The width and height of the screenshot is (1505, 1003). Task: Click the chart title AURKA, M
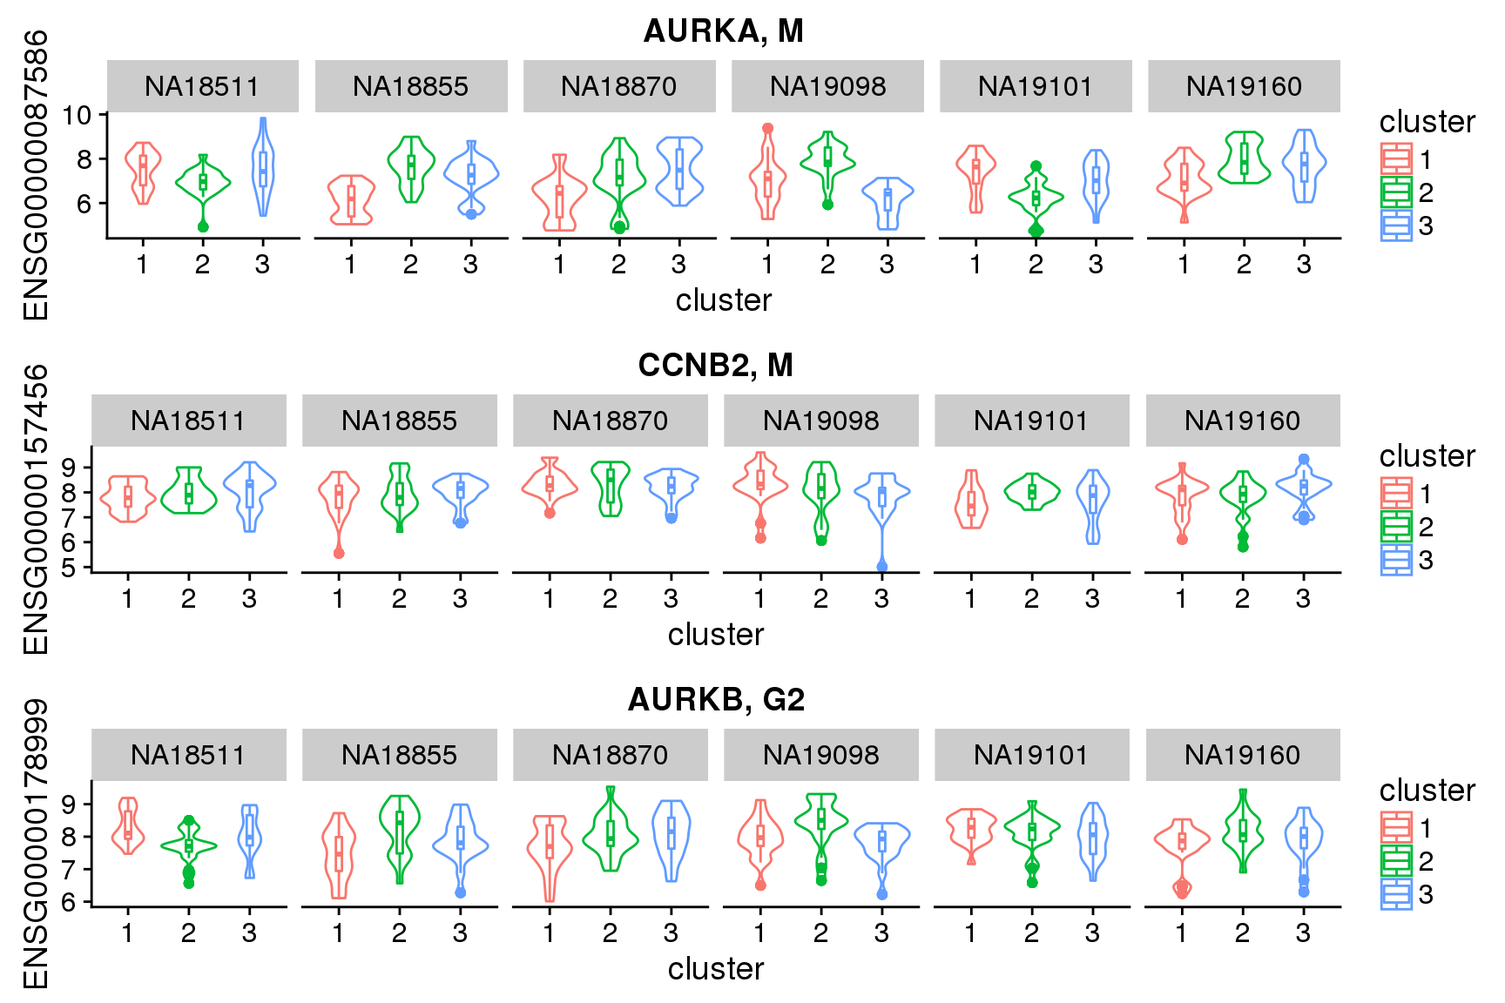(x=723, y=31)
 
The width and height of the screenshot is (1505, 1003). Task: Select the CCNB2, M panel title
(x=715, y=366)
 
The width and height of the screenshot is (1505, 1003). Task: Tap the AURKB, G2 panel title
(x=715, y=700)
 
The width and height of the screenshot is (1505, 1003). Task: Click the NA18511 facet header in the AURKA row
(x=202, y=86)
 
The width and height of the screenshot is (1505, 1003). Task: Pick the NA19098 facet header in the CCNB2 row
(x=820, y=421)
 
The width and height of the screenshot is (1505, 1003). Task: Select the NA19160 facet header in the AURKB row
(x=1242, y=755)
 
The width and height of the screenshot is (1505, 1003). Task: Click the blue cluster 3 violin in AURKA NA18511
(x=263, y=165)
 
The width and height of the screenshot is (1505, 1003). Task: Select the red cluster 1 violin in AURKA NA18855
(x=351, y=199)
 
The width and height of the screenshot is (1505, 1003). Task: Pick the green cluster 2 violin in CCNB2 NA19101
(x=1032, y=492)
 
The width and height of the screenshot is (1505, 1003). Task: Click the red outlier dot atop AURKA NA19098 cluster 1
(x=767, y=129)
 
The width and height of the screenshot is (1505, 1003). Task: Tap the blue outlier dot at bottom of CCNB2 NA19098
(x=882, y=567)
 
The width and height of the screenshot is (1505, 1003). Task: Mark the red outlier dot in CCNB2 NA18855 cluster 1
(x=339, y=553)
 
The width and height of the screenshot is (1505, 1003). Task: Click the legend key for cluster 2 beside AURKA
(x=1396, y=192)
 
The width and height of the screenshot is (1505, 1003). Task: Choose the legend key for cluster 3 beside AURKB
(x=1396, y=894)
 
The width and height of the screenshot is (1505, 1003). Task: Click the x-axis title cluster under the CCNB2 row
(x=715, y=635)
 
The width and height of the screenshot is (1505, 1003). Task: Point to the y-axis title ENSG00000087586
(x=36, y=175)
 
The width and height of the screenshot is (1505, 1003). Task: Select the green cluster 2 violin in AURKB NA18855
(x=400, y=836)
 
